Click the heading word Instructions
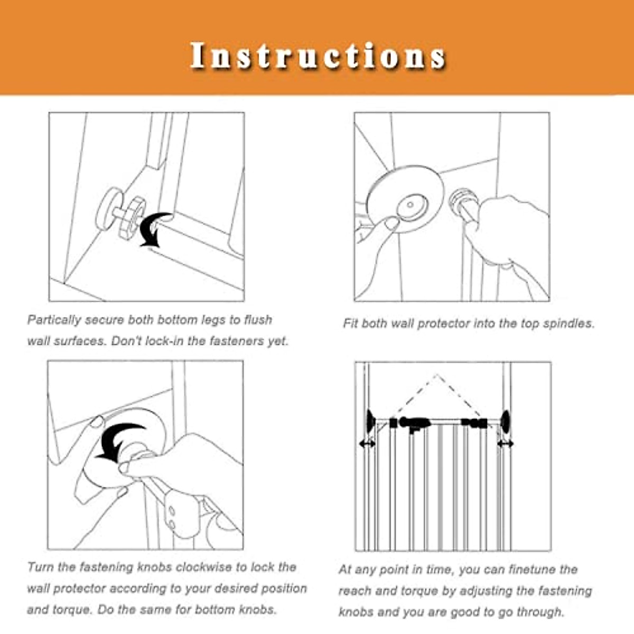(318, 55)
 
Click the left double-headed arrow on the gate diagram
(367, 444)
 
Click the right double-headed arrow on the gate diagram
(505, 444)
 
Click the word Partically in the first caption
(54, 320)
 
